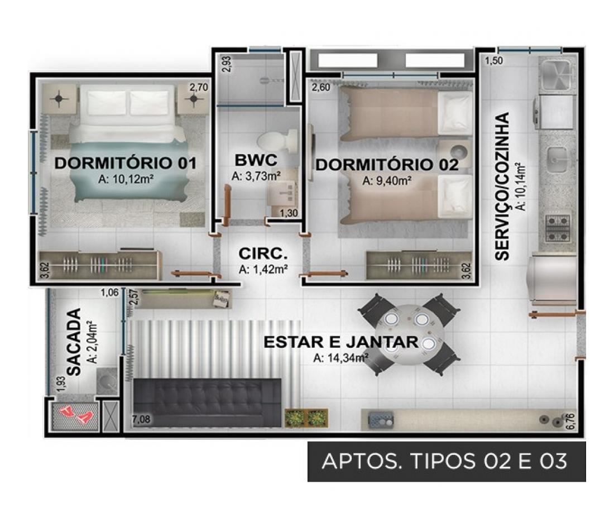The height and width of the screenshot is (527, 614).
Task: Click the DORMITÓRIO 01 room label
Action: [x=125, y=163]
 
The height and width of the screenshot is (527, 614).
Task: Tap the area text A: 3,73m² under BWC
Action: [x=256, y=176]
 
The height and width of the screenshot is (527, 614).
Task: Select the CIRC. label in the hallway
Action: [x=263, y=253]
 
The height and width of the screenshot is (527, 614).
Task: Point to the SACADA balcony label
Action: [x=74, y=342]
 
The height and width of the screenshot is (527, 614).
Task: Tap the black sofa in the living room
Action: [x=207, y=403]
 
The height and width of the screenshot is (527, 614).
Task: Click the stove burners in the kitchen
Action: [x=558, y=228]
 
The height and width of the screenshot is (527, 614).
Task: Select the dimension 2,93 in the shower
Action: [x=228, y=64]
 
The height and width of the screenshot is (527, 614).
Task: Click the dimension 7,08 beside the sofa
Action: [x=141, y=420]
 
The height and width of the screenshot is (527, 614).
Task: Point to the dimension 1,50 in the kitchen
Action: [x=494, y=61]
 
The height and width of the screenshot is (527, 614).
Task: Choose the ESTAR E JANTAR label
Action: [x=341, y=342]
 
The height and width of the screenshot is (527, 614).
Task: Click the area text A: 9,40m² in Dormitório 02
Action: [x=387, y=181]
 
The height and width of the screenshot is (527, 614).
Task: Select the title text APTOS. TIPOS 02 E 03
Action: [x=444, y=461]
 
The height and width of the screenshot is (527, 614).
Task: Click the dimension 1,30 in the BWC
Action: [x=289, y=213]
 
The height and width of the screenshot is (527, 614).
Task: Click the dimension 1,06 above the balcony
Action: [x=109, y=292]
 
